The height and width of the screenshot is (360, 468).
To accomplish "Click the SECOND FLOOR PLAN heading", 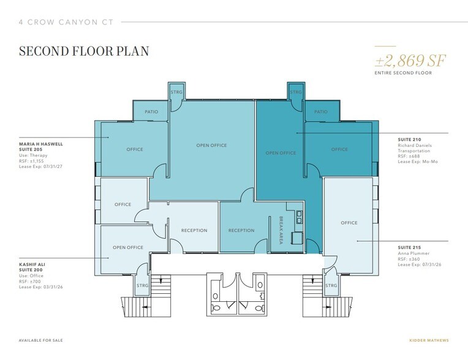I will click(x=83, y=51).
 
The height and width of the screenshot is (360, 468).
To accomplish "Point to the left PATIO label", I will click(x=151, y=112).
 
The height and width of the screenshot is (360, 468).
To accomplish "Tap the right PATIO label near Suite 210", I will click(x=320, y=112).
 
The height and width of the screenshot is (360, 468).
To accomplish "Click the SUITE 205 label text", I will click(x=31, y=150).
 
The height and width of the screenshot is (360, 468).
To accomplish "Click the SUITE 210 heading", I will click(x=409, y=139).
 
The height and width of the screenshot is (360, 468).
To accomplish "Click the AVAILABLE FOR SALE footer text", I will click(x=40, y=340).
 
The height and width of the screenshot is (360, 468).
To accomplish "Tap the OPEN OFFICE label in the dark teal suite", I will click(x=281, y=152).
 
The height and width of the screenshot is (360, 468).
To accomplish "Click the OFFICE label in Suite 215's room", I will click(x=349, y=222).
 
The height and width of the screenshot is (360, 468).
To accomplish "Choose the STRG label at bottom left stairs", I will click(x=142, y=285).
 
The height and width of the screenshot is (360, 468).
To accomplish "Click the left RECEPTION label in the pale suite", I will click(x=194, y=230).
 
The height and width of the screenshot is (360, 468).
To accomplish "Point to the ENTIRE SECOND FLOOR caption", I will click(x=404, y=73).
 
